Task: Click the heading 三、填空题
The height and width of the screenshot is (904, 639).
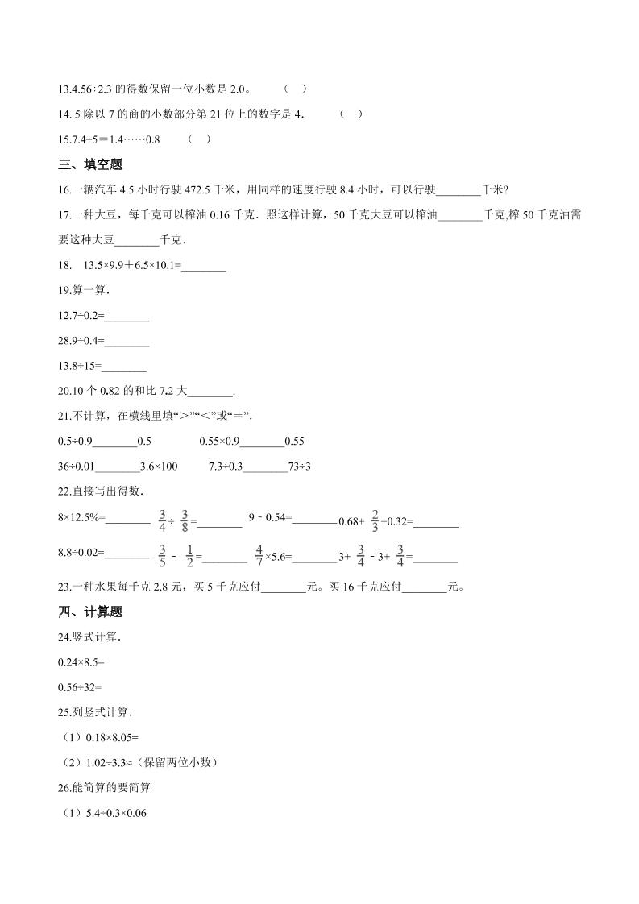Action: click(x=90, y=165)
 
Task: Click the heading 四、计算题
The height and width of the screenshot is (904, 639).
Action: click(x=90, y=612)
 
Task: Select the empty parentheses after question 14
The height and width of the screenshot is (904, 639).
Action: click(x=351, y=114)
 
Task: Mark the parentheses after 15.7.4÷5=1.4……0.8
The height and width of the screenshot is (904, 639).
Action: click(x=200, y=139)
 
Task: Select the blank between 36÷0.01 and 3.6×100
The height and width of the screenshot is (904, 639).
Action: click(x=118, y=467)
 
